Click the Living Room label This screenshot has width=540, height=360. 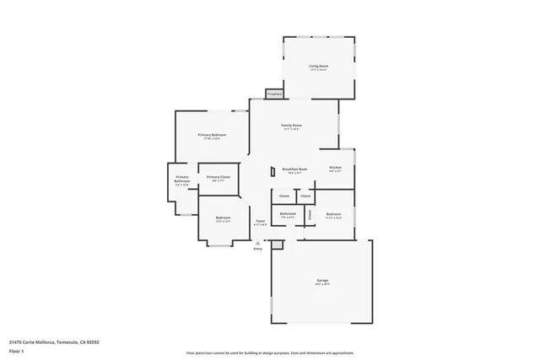318,66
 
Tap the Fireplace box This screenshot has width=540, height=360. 273,94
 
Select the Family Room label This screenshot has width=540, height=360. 292,126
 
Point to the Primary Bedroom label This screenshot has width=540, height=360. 212,135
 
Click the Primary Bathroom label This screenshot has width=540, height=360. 182,179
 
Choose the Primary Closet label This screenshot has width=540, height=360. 218,177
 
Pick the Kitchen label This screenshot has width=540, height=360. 335,169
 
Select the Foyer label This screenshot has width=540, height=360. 261,223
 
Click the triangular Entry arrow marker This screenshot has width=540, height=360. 258,242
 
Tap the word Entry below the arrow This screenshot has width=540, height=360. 258,249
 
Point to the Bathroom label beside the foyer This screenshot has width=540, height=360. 288,214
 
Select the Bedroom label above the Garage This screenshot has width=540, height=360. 333,214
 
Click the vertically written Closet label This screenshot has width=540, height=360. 310,214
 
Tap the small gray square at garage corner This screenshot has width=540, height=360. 277,244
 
